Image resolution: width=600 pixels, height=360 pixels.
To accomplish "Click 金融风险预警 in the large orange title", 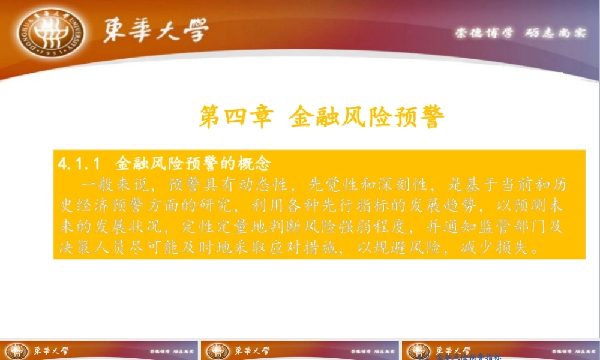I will point(367,116).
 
